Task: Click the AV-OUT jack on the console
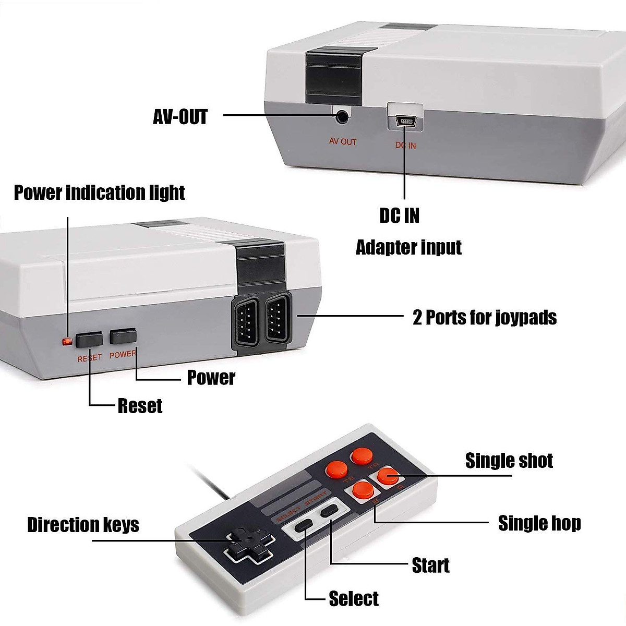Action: pyautogui.click(x=342, y=116)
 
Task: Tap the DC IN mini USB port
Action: pyautogui.click(x=405, y=122)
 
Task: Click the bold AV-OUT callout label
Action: pyautogui.click(x=180, y=117)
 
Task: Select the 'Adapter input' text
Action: pyautogui.click(x=408, y=247)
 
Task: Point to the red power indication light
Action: pyautogui.click(x=67, y=342)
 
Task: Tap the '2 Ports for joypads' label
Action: pyautogui.click(x=484, y=317)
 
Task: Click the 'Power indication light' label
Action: pyautogui.click(x=99, y=192)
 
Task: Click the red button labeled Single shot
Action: pyautogui.click(x=387, y=475)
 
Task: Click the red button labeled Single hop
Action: pyautogui.click(x=361, y=490)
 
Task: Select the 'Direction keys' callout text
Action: pyautogui.click(x=83, y=525)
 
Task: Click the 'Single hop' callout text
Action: pyautogui.click(x=539, y=523)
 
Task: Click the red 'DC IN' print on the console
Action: pyautogui.click(x=405, y=146)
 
